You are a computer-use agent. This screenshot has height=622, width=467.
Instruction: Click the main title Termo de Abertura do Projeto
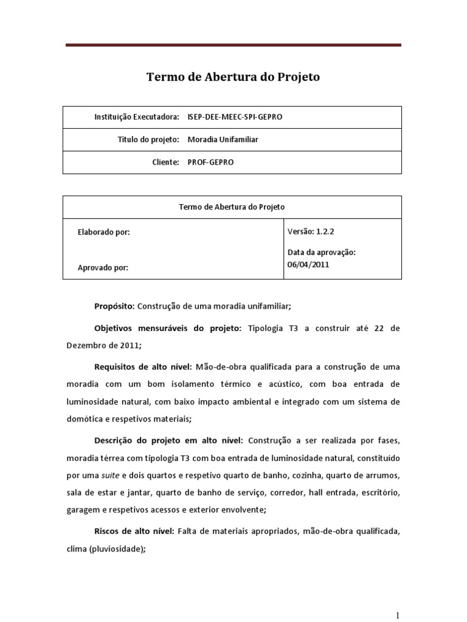(x=233, y=77)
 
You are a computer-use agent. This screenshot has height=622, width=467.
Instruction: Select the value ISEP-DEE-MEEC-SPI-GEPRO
(x=235, y=117)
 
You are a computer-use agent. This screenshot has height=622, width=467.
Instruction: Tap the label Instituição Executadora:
(x=137, y=117)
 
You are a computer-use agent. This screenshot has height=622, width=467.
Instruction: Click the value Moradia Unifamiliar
(x=223, y=140)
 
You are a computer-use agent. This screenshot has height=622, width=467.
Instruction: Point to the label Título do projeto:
(x=148, y=140)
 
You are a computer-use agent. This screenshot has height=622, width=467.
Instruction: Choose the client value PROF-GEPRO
(x=210, y=162)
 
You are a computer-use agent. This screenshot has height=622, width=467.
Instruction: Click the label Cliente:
(x=166, y=162)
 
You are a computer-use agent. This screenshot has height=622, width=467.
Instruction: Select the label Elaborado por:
(x=104, y=232)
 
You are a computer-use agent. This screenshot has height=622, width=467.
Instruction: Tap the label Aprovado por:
(x=103, y=267)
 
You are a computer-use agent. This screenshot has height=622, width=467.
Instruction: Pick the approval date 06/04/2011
(x=308, y=264)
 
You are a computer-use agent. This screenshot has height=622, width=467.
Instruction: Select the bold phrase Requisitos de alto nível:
(x=143, y=367)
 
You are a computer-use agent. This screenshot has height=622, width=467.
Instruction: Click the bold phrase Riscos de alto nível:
(x=134, y=531)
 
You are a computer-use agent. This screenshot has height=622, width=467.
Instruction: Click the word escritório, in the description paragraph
(x=380, y=491)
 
